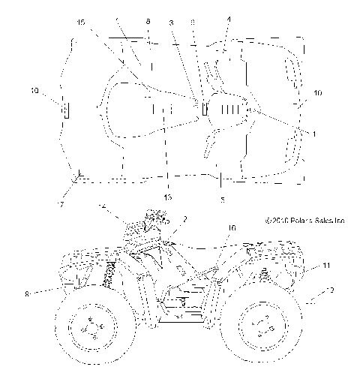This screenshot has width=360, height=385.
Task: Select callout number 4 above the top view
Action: [229, 20]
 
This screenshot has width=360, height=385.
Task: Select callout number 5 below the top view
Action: [221, 200]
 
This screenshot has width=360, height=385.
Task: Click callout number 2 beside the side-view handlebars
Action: [184, 218]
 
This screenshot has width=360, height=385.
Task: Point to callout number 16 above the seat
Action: [232, 227]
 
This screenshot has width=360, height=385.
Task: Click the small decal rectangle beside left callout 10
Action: [65, 111]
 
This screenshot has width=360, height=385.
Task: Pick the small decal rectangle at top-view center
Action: [203, 109]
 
